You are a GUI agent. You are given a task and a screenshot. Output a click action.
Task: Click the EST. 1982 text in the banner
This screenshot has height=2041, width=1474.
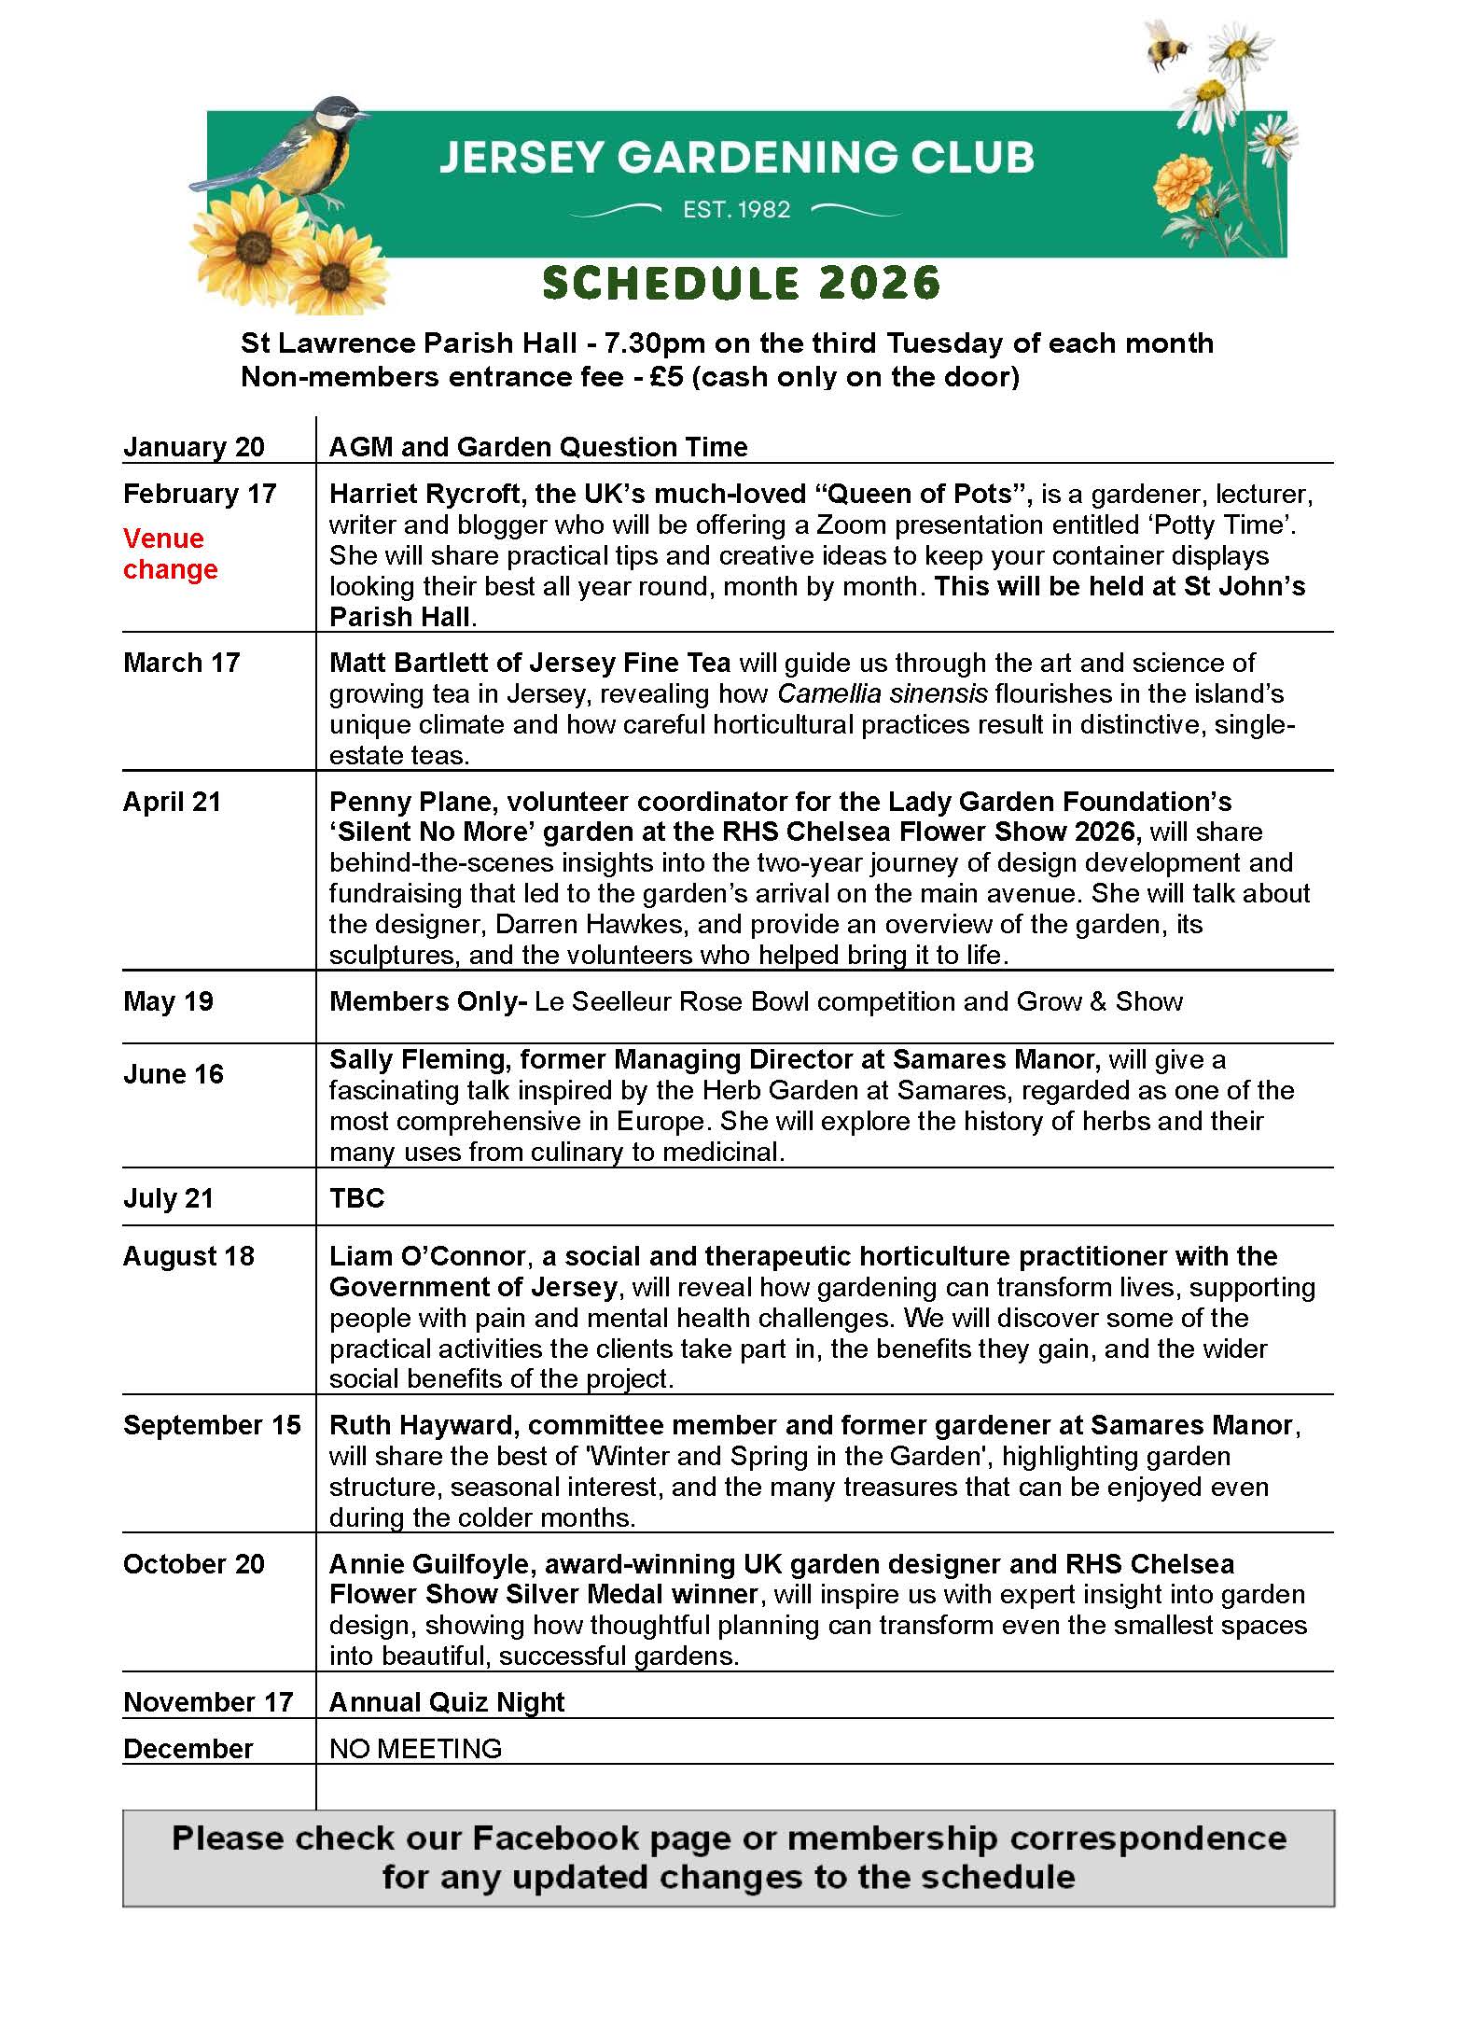point(736,210)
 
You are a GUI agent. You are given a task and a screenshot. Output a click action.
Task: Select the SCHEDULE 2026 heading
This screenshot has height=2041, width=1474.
point(741,284)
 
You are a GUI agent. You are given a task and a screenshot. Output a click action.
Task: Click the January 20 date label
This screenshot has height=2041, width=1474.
point(194,447)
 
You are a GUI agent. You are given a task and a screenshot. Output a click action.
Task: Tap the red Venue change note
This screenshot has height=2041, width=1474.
point(170,553)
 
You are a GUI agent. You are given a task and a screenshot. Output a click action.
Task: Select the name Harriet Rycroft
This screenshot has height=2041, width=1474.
point(428,494)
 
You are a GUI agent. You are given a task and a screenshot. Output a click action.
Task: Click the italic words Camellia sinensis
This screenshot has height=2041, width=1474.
point(882,693)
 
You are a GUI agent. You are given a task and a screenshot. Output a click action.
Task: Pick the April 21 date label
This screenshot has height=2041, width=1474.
point(172,802)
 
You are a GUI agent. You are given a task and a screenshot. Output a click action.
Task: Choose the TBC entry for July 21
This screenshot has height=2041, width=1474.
point(356,1197)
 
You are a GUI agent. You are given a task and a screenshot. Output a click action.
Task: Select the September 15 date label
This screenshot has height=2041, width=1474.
point(212,1425)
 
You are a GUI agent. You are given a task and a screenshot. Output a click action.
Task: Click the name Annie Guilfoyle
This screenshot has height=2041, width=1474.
point(429,1564)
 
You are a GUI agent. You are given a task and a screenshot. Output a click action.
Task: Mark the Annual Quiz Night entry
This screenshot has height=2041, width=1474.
point(447,1702)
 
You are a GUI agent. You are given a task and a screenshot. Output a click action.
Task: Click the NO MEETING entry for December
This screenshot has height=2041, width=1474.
point(415,1748)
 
